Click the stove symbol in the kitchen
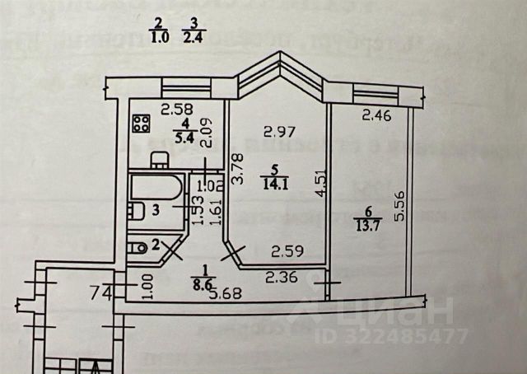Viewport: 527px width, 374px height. (141, 126)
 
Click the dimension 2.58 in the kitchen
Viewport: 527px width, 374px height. (176, 109)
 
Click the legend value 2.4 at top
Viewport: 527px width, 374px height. (194, 36)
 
